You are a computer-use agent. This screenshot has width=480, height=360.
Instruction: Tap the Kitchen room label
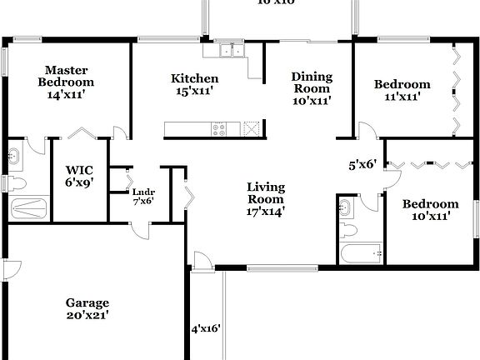pos(195,84)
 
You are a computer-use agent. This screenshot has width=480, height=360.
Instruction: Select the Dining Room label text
pos(311,88)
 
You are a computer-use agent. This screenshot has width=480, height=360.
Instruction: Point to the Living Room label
pos(265,199)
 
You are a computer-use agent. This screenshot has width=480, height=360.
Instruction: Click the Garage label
pos(88,308)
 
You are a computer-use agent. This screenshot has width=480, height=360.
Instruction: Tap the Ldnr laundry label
pos(143,196)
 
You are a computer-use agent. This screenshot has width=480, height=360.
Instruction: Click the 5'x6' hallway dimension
pos(362,164)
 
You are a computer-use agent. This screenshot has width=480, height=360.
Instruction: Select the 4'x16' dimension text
pos(206,328)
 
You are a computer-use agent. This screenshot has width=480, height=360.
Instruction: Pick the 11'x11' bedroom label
pos(402,90)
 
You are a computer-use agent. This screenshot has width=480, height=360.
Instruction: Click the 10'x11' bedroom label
pos(430,209)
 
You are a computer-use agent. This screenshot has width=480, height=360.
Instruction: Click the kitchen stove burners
pos(221,129)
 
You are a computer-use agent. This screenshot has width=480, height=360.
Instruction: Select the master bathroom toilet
pos(17,183)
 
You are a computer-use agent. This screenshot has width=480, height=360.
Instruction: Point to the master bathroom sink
pos(15,155)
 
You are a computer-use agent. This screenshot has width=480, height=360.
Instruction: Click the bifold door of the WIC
pos(82,134)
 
